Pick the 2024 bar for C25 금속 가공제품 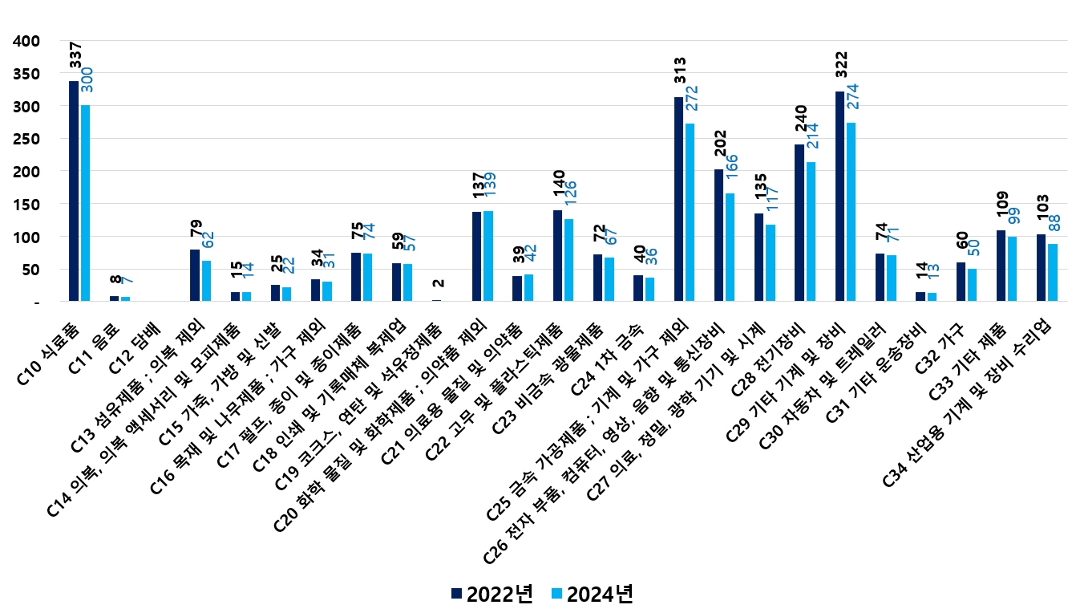pyautogui.click(x=690, y=213)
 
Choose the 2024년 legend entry pyautogui.click(x=592, y=594)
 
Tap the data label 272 pyautogui.click(x=692, y=99)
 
